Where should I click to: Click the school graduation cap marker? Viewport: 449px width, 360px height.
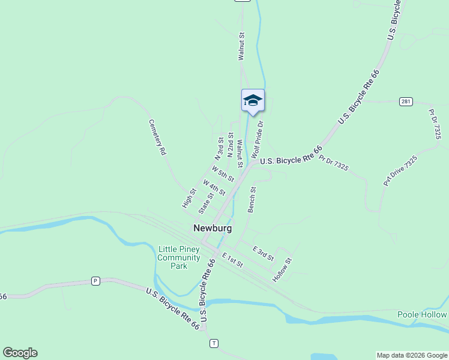253,101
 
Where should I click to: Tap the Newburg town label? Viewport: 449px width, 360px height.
212,228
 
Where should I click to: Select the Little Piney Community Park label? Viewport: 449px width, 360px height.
179,258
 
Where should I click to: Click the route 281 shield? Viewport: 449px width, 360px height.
406,101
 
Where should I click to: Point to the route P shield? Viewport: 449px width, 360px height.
95,280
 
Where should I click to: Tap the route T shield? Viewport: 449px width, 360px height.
214,343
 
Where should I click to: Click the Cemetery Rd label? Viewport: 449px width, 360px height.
157,137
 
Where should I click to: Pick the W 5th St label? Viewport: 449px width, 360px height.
222,174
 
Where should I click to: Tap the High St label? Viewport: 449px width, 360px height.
189,199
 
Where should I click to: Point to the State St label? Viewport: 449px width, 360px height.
206,203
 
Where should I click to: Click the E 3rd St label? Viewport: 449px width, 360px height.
263,253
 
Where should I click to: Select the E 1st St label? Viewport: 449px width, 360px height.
232,260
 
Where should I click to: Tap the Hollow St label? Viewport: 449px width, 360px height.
282,270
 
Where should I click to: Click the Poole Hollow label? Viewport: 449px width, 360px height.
422,314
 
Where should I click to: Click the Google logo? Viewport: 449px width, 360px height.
20,353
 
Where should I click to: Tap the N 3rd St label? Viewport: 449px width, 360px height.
220,148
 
